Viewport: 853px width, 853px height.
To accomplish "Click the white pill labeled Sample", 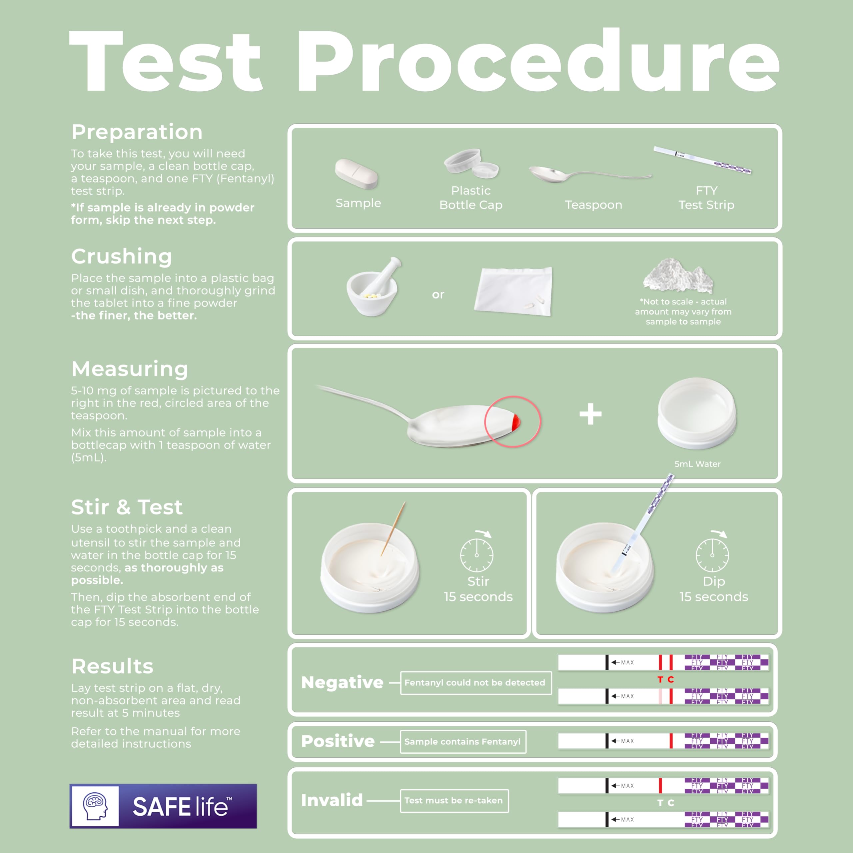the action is [356, 174].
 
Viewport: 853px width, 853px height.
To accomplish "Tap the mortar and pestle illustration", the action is [374, 287].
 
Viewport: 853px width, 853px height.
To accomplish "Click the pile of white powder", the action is [678, 276].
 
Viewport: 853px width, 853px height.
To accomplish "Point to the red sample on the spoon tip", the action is [516, 423].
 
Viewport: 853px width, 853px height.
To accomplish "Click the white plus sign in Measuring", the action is [590, 414].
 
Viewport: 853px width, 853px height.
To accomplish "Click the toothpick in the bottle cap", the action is [393, 528].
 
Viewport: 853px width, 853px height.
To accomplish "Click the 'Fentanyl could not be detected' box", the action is [476, 683].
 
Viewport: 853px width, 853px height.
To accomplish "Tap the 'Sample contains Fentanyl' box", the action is [463, 742].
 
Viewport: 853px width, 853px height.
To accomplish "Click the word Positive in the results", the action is [338, 741].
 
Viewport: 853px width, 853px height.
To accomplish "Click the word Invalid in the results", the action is [332, 800].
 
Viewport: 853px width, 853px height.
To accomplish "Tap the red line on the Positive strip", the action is [671, 741].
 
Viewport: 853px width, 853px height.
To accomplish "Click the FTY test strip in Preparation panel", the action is [702, 160].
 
